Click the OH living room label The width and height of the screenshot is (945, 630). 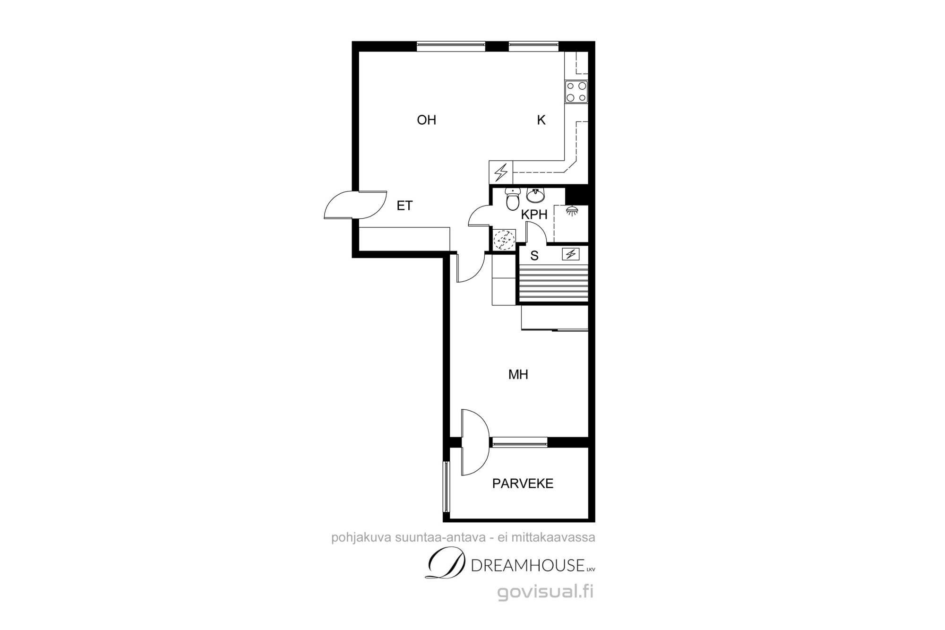coord(426,120)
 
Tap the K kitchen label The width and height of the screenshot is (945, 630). coord(541,120)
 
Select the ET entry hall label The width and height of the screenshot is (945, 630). coord(404,206)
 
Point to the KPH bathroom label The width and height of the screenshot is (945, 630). coord(534,215)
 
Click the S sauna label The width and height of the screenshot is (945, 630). coord(534,256)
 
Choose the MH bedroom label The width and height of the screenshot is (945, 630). coord(518,375)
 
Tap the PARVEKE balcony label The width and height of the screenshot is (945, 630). coord(523,483)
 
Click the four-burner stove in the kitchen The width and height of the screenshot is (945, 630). coord(576,92)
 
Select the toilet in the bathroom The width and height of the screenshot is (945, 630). coord(512,199)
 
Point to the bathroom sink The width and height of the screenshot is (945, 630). coord(536,195)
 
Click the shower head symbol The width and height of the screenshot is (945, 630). coord(572,211)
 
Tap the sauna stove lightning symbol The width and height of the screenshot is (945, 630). coord(570,254)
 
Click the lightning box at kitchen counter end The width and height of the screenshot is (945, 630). coord(501,172)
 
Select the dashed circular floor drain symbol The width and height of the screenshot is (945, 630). coord(504,240)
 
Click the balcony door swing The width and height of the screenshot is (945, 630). coord(475,442)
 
